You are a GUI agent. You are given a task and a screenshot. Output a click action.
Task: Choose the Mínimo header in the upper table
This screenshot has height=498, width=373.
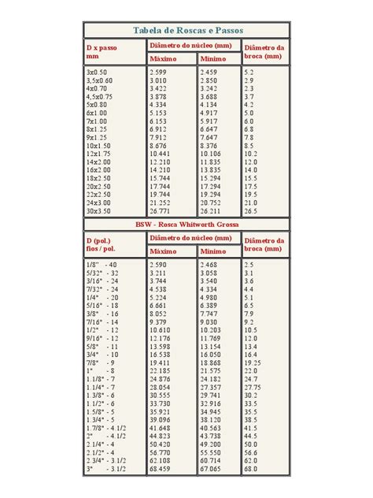212,59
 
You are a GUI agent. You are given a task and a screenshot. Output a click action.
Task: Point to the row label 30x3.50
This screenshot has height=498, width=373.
99,211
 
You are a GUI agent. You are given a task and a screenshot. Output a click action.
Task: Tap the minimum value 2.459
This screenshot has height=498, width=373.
209,72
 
